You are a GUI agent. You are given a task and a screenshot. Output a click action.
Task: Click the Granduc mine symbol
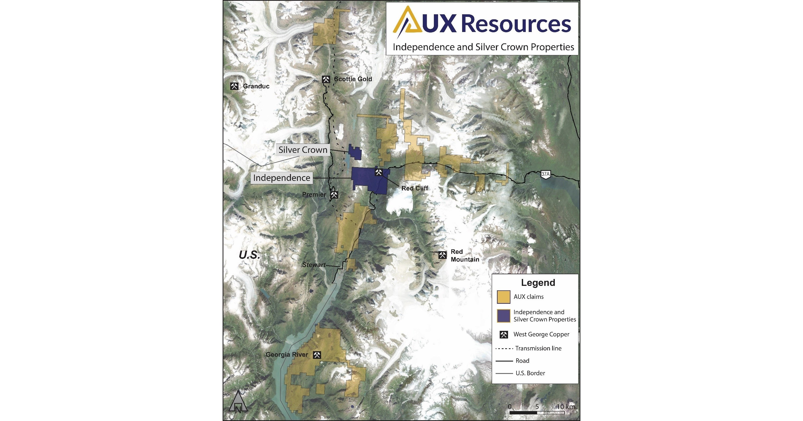[234, 86]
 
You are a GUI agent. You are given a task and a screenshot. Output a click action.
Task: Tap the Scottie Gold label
[353, 79]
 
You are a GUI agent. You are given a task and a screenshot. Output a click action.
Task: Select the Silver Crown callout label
[303, 150]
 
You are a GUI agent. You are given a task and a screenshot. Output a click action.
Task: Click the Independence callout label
[281, 178]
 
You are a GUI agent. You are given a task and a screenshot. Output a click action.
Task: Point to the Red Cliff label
[415, 188]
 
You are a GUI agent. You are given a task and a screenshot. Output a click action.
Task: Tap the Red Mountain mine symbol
[442, 255]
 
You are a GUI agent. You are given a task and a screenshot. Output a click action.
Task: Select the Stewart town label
[314, 265]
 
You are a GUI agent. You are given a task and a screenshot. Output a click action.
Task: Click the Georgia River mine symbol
[317, 355]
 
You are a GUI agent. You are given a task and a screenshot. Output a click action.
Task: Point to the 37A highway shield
[545, 174]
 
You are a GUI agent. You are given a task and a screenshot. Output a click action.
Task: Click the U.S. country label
[249, 255]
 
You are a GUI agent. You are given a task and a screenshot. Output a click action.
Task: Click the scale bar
[537, 413]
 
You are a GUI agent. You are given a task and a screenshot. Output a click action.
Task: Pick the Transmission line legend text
[538, 348]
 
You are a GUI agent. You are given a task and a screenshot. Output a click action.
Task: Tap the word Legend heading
[538, 283]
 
